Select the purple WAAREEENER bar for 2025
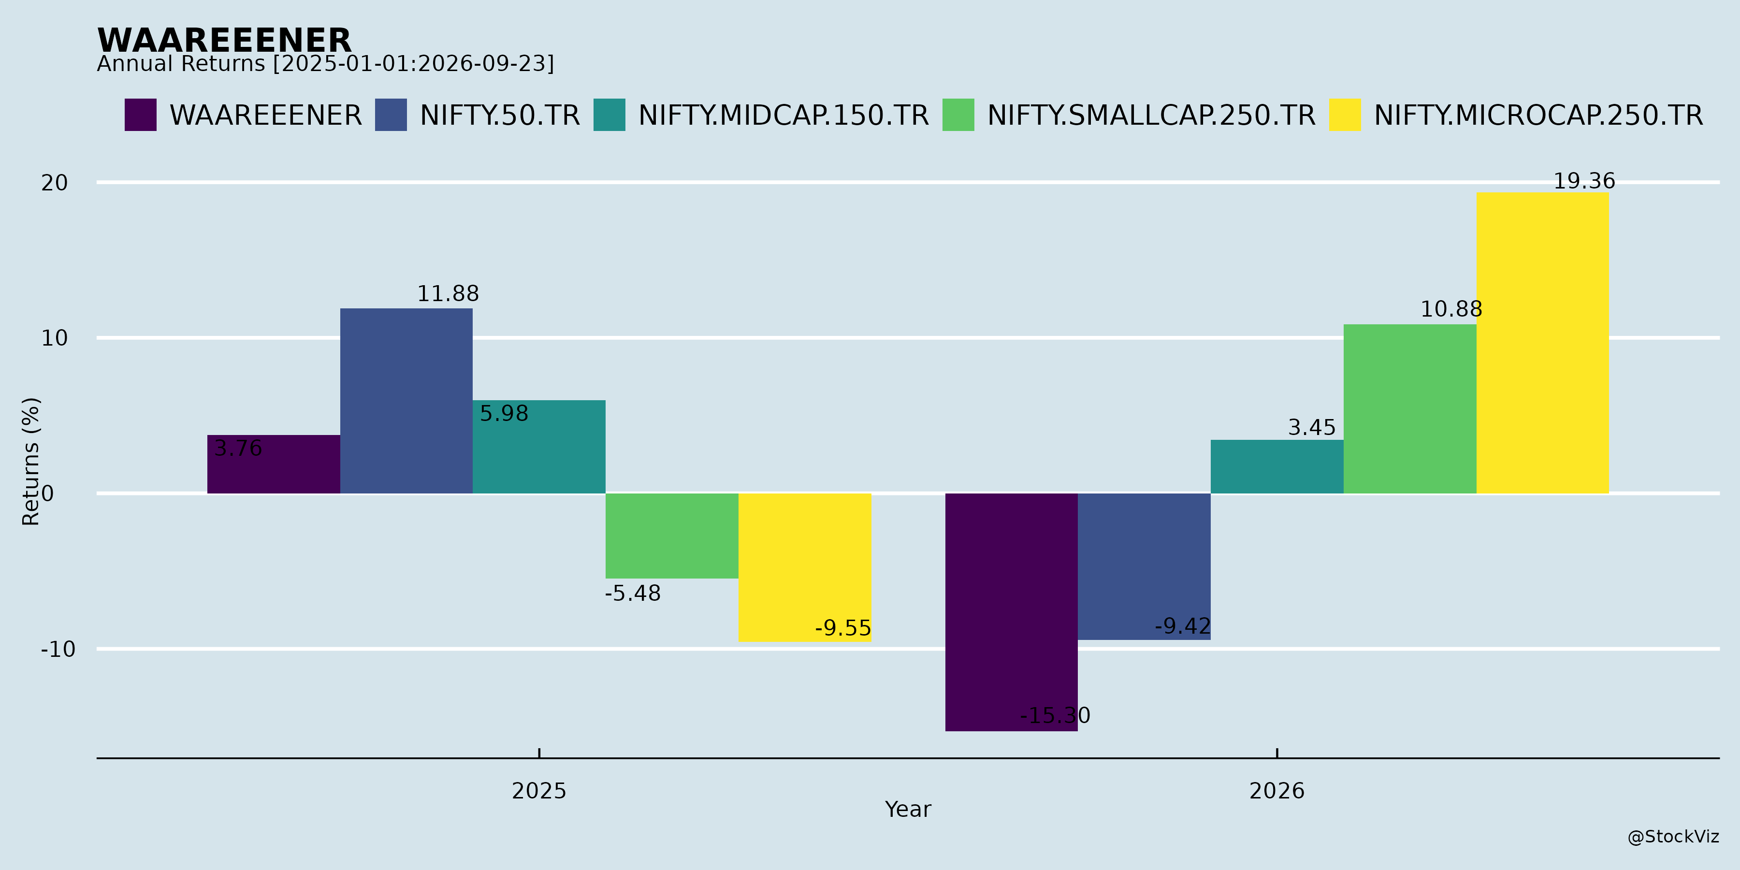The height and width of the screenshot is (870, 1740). (274, 464)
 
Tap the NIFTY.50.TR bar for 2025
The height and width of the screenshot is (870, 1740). (406, 401)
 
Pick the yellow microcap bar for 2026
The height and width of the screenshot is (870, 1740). (1542, 343)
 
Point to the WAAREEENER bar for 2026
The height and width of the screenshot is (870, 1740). (1011, 612)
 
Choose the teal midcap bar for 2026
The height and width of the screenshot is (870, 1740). (1276, 467)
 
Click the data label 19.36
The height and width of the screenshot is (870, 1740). (1584, 181)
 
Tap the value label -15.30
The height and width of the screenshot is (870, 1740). (1055, 715)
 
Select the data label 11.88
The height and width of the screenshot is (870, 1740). (448, 294)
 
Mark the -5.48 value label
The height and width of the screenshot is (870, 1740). (633, 594)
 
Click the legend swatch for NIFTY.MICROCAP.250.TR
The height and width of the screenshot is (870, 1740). (1345, 115)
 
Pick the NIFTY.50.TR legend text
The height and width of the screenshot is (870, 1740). (500, 116)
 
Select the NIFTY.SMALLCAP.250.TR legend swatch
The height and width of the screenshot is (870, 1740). (958, 115)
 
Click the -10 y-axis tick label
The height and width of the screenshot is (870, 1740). (58, 650)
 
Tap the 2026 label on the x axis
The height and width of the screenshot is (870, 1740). (1276, 791)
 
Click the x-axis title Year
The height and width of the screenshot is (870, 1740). (908, 809)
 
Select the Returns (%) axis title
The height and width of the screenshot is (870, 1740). (31, 462)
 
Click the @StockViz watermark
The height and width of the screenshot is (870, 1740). (1673, 837)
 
